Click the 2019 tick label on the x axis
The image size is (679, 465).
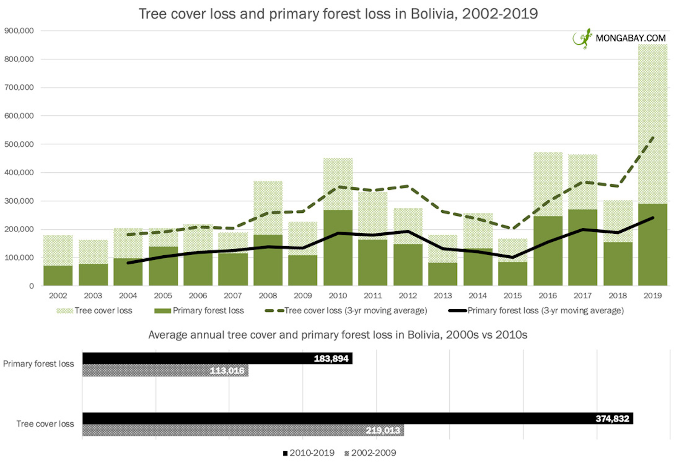(x=652, y=296)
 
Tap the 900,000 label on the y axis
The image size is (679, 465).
(x=19, y=31)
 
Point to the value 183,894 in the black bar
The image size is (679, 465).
(x=331, y=359)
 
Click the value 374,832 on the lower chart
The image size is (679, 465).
(x=612, y=419)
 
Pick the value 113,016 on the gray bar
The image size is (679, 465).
(x=227, y=371)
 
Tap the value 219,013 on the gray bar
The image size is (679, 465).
(x=383, y=431)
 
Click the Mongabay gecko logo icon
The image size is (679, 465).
(x=582, y=38)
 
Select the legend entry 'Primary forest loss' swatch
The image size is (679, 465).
(x=163, y=311)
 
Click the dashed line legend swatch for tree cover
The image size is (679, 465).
(x=274, y=311)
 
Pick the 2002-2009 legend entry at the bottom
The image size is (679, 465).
(x=370, y=453)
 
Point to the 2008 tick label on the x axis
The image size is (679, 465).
(x=267, y=296)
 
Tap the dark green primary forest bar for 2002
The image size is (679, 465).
(x=58, y=276)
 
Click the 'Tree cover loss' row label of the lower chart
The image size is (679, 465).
(x=45, y=424)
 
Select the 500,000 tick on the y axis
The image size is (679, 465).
(x=19, y=144)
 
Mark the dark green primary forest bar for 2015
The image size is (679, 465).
(x=513, y=273)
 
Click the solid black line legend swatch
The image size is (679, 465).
(x=458, y=311)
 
